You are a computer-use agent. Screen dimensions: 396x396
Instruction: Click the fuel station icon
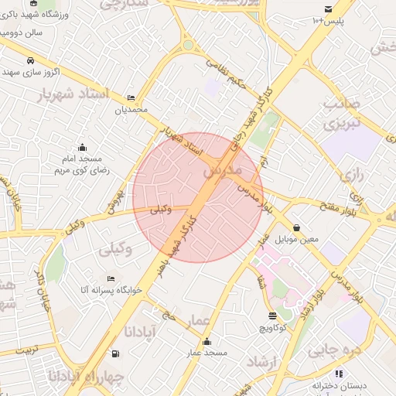tap(116, 353)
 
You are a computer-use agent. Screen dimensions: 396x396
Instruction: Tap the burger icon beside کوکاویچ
tap(272, 316)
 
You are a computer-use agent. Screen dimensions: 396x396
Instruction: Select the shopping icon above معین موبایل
tap(297, 227)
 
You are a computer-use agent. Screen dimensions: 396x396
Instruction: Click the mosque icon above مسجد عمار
tap(206, 343)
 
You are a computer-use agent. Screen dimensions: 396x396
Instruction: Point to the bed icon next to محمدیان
tap(130, 98)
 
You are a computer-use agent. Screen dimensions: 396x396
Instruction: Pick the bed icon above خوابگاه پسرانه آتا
tap(111, 278)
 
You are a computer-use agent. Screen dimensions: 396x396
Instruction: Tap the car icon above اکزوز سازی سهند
tap(30, 61)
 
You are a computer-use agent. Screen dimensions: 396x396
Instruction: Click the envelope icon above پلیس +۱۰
tap(329, 9)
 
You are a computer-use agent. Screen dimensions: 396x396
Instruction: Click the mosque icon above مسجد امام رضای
tap(82, 147)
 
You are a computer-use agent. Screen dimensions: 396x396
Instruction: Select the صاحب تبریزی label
tap(343, 114)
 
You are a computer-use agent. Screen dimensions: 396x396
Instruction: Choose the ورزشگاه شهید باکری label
tap(36, 15)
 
